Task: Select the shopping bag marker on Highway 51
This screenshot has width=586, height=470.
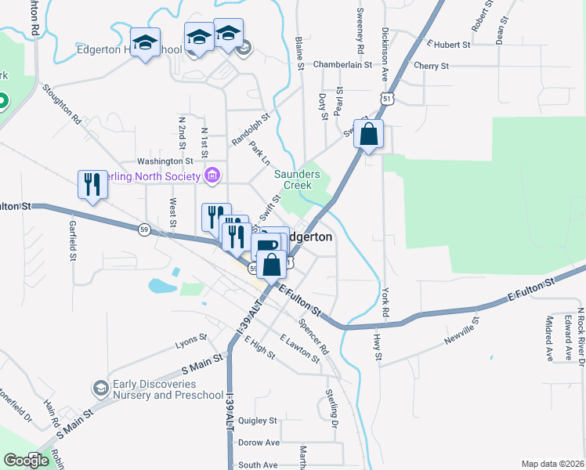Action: pos(368,135)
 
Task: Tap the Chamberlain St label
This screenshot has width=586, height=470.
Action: pos(342,65)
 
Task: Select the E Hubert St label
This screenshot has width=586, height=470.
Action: pos(447,45)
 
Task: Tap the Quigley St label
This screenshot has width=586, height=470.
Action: pos(258,421)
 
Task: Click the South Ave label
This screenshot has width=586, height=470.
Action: pos(258,465)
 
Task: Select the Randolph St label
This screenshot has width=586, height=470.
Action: pos(250,128)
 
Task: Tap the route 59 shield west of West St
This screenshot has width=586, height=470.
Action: pos(144,229)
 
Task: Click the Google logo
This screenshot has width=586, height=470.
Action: pos(27,461)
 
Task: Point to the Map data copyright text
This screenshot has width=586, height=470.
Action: pos(552,464)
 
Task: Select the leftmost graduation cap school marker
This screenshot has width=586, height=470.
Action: pos(145,44)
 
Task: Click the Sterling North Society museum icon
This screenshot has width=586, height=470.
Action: pos(212,175)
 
